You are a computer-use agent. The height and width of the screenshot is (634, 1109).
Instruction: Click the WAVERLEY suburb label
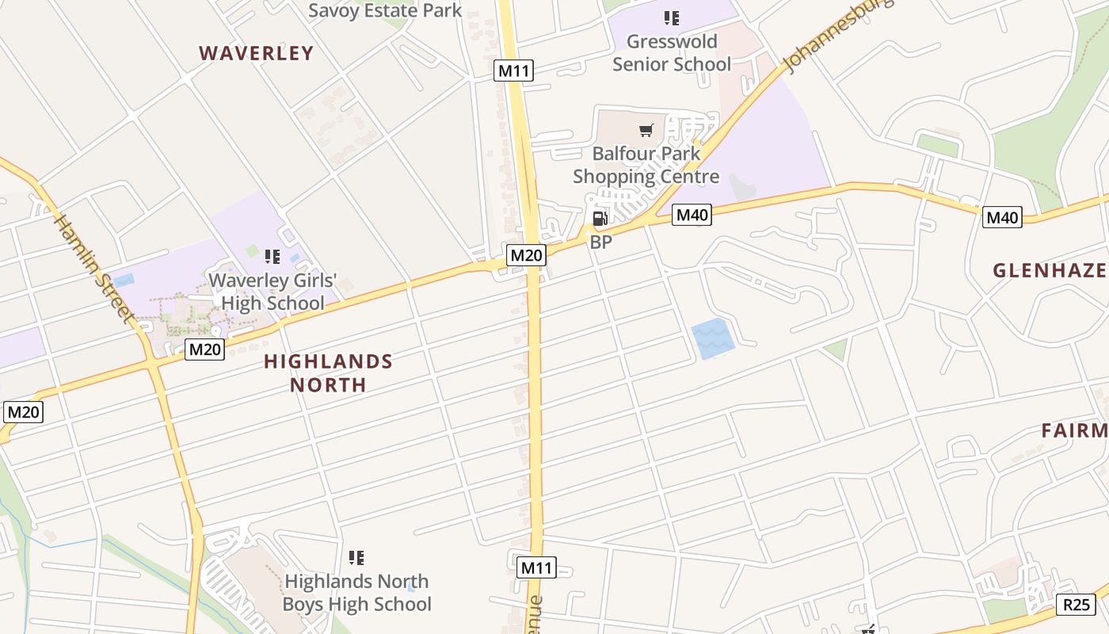click(256, 53)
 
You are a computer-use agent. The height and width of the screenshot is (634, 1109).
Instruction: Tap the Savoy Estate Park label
click(385, 10)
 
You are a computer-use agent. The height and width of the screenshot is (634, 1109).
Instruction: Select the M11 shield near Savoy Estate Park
click(514, 71)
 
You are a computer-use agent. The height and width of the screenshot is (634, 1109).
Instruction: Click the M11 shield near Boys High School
click(537, 567)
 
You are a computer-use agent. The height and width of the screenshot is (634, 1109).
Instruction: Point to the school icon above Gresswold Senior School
click(672, 17)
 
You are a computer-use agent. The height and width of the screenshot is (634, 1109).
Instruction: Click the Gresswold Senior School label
click(672, 52)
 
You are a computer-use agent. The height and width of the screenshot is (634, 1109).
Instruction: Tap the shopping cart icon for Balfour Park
click(646, 129)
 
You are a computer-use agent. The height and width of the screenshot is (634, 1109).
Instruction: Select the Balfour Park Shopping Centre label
click(646, 165)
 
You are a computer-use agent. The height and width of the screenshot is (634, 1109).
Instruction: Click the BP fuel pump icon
click(600, 219)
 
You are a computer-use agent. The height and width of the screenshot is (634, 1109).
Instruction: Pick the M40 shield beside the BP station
click(692, 214)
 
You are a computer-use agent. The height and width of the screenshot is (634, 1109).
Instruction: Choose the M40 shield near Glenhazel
click(1002, 216)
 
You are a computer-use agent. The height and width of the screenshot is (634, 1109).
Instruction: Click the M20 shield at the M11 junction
click(527, 255)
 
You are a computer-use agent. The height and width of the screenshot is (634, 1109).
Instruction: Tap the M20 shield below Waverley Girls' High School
click(205, 349)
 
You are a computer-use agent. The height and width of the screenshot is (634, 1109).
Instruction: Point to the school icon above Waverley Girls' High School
click(272, 256)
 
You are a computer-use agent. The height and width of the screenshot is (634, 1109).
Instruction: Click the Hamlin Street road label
click(93, 268)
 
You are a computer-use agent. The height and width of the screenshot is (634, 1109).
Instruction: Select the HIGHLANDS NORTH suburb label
click(328, 373)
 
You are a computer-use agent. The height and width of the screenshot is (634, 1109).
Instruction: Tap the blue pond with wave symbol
click(712, 338)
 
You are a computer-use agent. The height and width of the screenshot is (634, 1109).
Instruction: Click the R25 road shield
click(1076, 605)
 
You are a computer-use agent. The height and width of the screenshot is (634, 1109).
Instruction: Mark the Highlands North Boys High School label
click(356, 593)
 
